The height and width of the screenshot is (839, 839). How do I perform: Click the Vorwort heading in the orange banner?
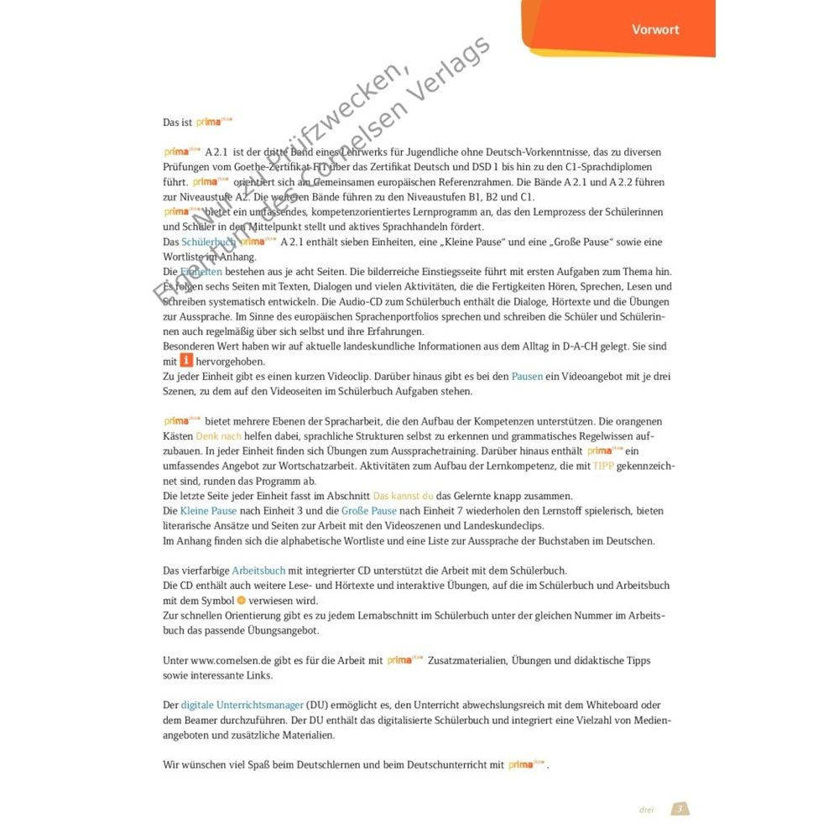[655, 29]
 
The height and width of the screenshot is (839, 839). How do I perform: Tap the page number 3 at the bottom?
[680, 809]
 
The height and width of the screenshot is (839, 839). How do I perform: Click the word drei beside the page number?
[646, 810]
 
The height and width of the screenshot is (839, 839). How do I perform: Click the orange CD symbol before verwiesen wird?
[241, 601]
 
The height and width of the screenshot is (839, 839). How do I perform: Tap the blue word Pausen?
[527, 377]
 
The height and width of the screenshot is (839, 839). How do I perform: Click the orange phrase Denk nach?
[218, 437]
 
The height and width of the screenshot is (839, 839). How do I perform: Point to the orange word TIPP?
[603, 466]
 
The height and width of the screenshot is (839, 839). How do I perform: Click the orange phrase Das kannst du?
[404, 496]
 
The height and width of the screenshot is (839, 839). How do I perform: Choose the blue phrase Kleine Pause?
[208, 511]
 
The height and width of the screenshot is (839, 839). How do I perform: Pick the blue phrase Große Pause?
[369, 511]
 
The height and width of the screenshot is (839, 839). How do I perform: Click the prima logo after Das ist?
[214, 122]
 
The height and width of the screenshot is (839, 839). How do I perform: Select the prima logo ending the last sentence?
[526, 764]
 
